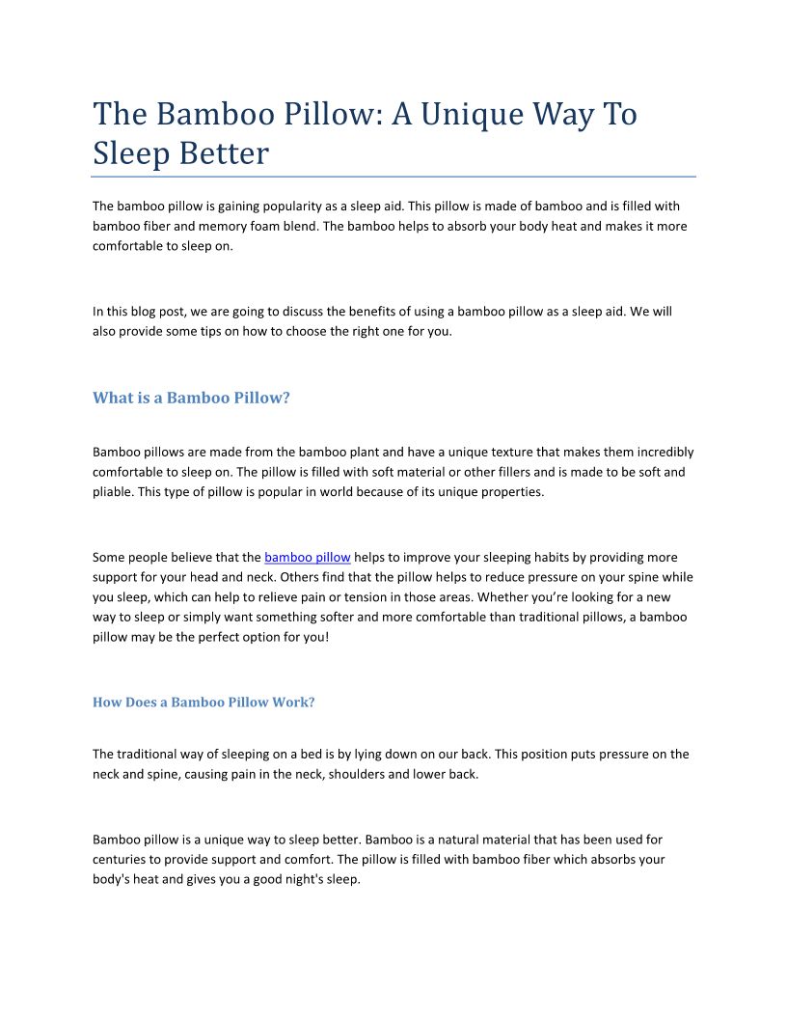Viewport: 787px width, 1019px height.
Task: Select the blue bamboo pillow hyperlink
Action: (x=307, y=557)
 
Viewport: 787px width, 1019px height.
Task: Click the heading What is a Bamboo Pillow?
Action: (x=191, y=398)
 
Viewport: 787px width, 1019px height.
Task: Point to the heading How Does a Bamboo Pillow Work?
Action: (x=204, y=702)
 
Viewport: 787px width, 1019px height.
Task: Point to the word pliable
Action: (x=112, y=492)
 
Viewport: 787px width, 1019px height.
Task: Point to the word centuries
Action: (x=120, y=859)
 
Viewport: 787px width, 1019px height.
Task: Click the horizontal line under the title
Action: (x=393, y=177)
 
